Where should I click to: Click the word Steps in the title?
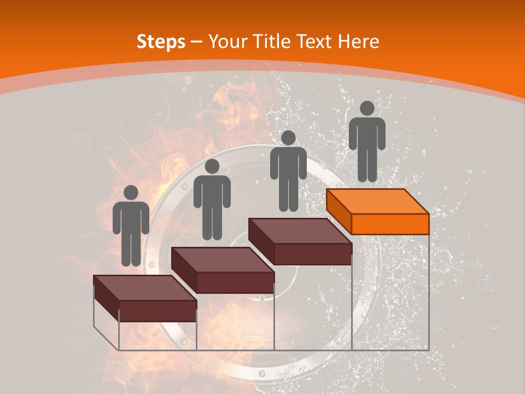(161, 42)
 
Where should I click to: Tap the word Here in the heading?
(359, 42)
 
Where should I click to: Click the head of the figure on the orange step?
(367, 108)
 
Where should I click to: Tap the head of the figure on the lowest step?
(131, 193)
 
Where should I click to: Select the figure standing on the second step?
(212, 200)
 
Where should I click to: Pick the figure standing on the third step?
(288, 171)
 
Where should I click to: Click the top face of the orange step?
(377, 201)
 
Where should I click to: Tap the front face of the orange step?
(390, 224)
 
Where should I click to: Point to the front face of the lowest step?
(157, 311)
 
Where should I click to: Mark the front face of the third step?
(312, 254)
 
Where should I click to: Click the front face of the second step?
(235, 282)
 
